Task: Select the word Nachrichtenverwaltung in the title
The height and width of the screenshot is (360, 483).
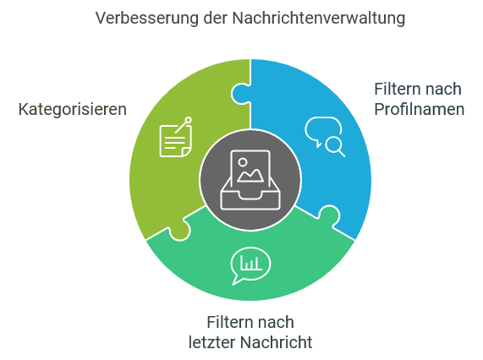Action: (319, 18)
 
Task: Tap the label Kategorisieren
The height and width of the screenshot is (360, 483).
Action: (73, 110)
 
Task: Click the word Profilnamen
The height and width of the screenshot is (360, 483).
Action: (420, 109)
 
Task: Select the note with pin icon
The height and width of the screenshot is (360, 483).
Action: (176, 137)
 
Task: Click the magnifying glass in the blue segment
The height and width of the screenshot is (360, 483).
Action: (335, 146)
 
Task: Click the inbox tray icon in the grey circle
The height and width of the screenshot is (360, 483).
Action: (250, 180)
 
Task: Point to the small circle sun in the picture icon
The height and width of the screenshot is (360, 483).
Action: (243, 162)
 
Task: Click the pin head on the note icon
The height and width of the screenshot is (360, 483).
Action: (188, 120)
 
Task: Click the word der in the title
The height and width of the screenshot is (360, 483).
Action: (216, 18)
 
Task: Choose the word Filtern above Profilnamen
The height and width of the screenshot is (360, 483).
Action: (394, 90)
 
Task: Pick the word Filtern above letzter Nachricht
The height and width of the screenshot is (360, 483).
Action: (227, 323)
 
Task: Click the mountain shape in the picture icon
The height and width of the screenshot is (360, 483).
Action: (250, 176)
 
